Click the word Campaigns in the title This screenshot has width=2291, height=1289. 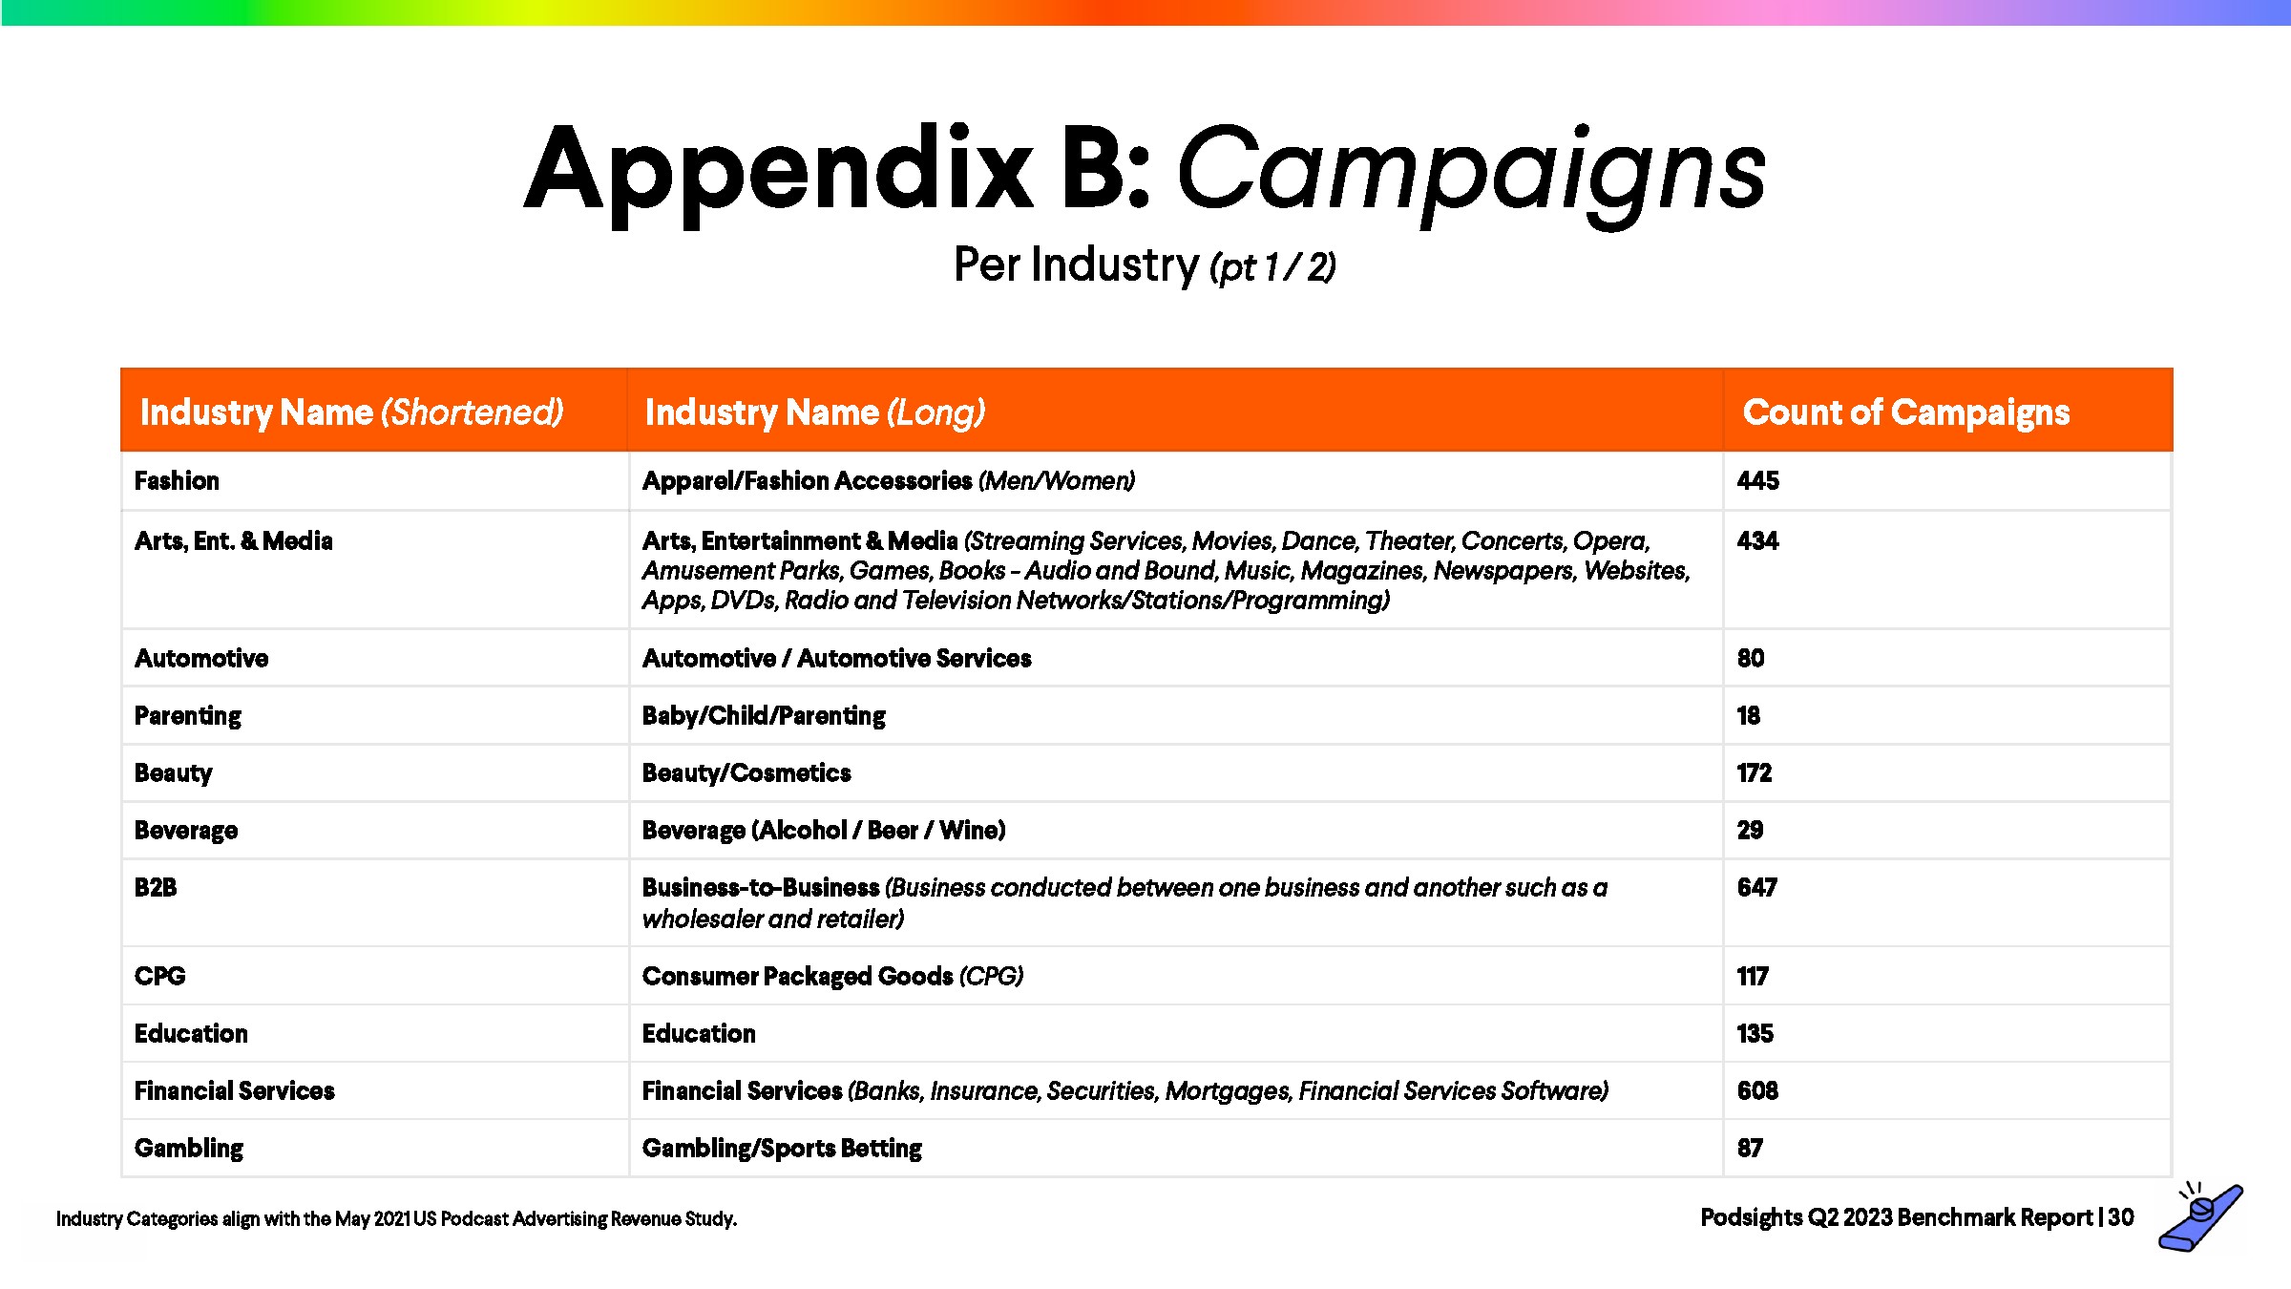(x=1470, y=172)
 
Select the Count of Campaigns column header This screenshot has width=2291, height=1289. (x=1905, y=412)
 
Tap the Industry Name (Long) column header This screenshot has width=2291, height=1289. (x=814, y=412)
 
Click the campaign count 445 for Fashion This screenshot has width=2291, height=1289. (x=1757, y=480)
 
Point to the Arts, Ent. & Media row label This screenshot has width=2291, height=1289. (x=234, y=541)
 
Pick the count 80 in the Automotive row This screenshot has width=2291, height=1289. (x=1750, y=658)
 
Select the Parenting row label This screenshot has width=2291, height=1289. (x=188, y=716)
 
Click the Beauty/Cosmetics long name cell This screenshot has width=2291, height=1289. (x=746, y=772)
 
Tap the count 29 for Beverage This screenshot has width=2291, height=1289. (x=1750, y=830)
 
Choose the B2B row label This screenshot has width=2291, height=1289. (x=156, y=888)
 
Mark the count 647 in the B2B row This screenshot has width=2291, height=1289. (x=1756, y=888)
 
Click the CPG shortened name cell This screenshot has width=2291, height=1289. (x=160, y=976)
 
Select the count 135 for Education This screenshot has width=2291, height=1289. (x=1755, y=1033)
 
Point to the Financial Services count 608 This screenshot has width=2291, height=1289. (x=1757, y=1090)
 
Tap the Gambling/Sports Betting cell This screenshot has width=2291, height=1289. (x=782, y=1148)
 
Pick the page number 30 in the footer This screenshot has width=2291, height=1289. (x=2121, y=1217)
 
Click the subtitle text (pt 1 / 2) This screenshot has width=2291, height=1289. (x=1272, y=267)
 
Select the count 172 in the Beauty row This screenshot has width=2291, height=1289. (x=1754, y=772)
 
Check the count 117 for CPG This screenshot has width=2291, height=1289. (x=1753, y=976)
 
